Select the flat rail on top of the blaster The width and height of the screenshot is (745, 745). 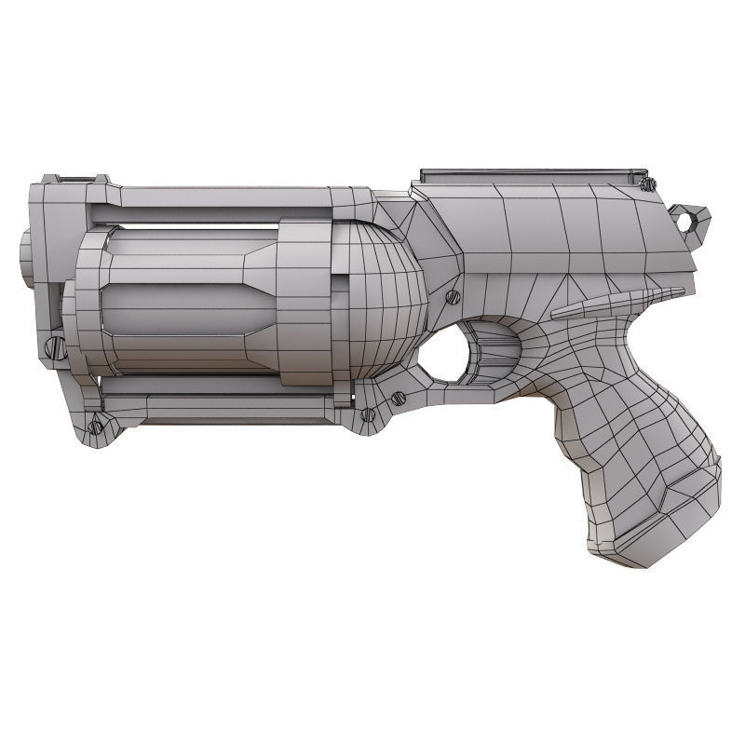point(534,175)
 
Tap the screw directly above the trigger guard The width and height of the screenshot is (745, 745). point(454,297)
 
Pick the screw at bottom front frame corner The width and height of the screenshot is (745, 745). point(95,427)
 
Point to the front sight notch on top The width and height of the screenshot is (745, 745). point(76,178)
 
